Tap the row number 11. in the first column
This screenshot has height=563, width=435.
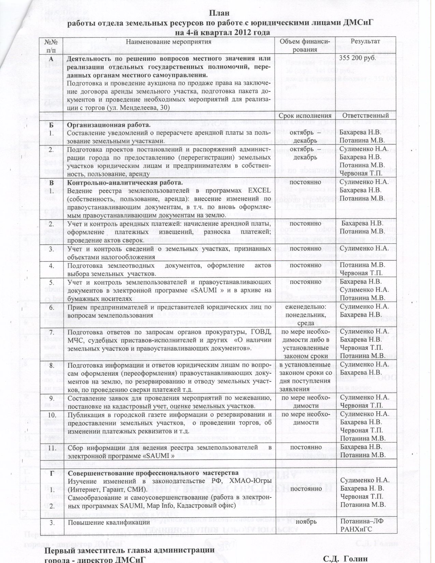52,447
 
